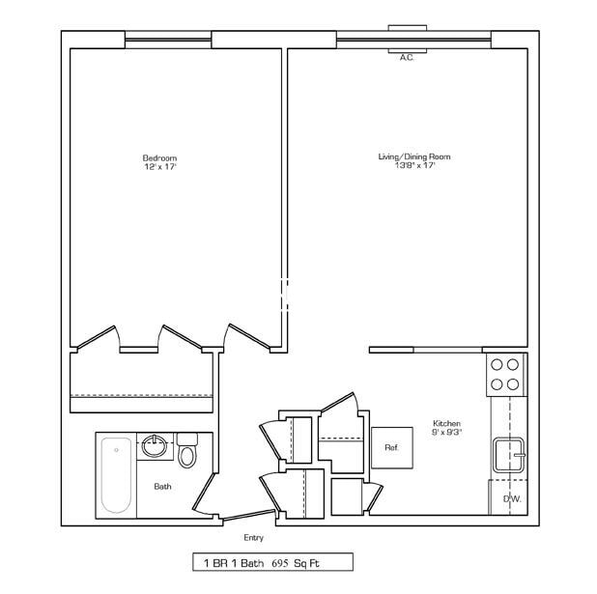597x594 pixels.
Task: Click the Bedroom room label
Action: point(160,157)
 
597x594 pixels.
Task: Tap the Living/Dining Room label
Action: point(413,156)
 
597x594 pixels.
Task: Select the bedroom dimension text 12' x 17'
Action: point(160,167)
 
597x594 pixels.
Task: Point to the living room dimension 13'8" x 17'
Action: point(413,166)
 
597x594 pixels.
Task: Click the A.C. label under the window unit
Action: point(407,58)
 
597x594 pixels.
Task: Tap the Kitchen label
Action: point(446,424)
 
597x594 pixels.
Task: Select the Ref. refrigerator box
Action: point(392,447)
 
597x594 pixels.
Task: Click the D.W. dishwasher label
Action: point(511,498)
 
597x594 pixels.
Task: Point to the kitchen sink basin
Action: point(509,453)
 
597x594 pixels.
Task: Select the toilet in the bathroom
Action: point(187,451)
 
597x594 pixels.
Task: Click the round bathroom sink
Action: point(154,446)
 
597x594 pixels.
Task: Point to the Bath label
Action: point(162,487)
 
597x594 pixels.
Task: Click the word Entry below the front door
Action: point(253,538)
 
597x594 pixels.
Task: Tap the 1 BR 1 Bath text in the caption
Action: point(232,562)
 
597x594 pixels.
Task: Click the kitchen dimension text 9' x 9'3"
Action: point(446,434)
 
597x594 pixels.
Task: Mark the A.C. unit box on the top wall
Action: point(408,39)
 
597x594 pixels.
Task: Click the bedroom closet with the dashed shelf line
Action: point(141,381)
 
